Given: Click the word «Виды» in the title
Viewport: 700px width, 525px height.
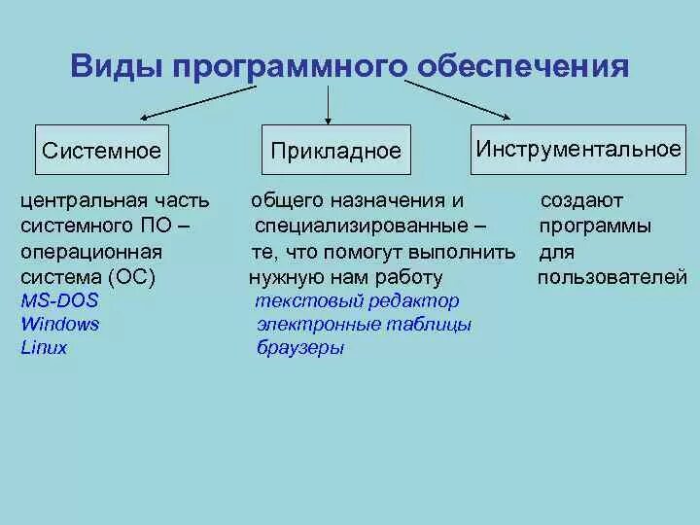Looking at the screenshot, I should click(117, 66).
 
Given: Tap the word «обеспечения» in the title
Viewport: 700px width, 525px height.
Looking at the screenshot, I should click(523, 66).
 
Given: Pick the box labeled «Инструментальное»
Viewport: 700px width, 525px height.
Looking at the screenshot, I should click(578, 149).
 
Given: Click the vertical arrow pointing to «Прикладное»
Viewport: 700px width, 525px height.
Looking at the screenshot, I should click(330, 104).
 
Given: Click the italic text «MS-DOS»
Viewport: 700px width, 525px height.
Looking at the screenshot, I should click(59, 300).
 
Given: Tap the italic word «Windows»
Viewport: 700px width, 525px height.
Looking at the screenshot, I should click(60, 324).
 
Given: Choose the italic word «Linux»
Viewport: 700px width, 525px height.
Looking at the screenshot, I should click(44, 347).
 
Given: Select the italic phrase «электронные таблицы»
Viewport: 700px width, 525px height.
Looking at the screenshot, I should click(364, 325).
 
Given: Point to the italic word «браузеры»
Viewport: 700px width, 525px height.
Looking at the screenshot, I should click(300, 348).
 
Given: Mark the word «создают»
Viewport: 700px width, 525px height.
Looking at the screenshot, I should click(581, 200).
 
